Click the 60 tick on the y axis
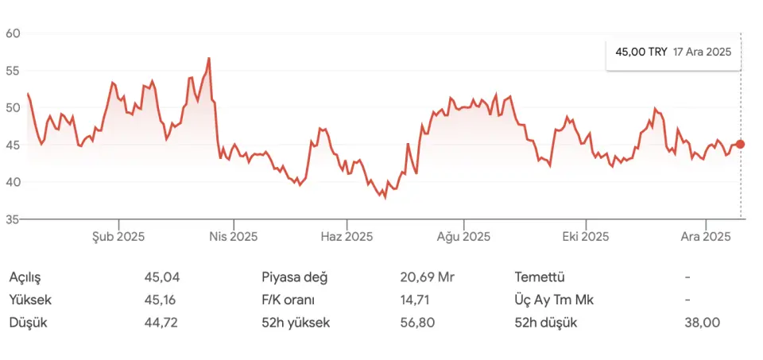(12, 33)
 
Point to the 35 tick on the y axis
(12, 219)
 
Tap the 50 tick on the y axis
(12, 107)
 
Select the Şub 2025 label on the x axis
(118, 236)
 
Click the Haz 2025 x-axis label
(347, 236)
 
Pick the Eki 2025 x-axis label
(585, 236)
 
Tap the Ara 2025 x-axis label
(707, 236)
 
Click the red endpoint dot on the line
(741, 144)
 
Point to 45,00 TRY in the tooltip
(641, 51)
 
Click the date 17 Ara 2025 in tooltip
(702, 51)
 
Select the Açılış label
(25, 277)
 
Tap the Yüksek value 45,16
(161, 300)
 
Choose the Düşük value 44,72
(161, 323)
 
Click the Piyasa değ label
(294, 277)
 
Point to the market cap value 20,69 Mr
(427, 277)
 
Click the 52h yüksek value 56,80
(418, 323)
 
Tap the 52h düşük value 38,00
(702, 323)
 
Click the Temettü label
(540, 277)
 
